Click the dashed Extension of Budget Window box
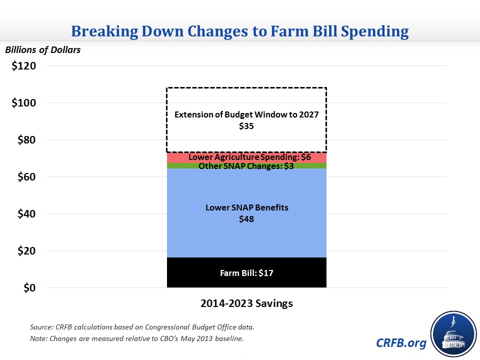pos(246,100)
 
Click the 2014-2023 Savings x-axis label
pos(246,303)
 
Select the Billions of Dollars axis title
pos(42,49)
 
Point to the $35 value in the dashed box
pos(246,126)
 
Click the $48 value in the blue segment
pos(246,219)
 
